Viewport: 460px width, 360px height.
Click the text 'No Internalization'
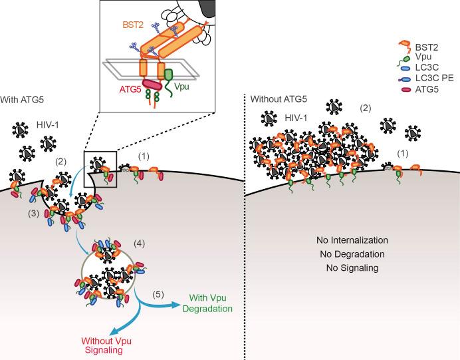click(x=352, y=240)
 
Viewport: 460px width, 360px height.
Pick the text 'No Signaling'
click(x=352, y=268)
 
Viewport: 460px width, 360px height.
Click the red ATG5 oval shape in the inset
click(x=148, y=85)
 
